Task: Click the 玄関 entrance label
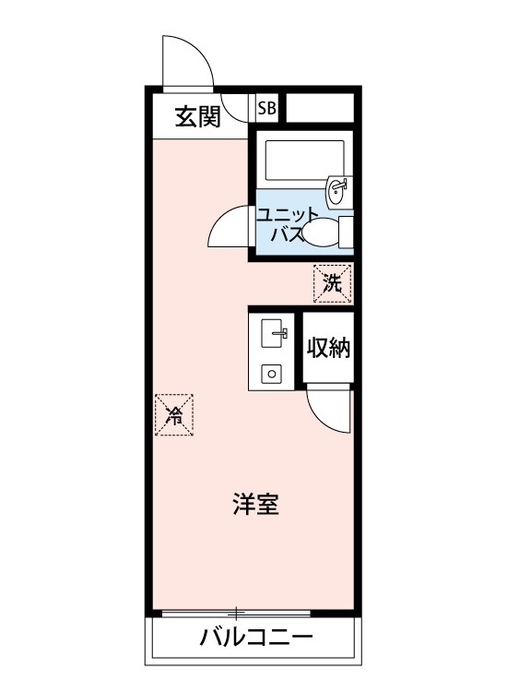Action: [x=197, y=117]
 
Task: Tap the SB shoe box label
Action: [x=266, y=108]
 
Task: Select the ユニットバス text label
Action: [x=287, y=224]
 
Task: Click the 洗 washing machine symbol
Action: [x=333, y=283]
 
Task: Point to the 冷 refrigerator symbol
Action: [x=174, y=415]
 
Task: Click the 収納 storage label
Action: [x=329, y=348]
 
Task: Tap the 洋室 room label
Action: [x=255, y=505]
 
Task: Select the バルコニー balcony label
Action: [x=256, y=638]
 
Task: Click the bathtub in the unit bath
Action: [x=304, y=161]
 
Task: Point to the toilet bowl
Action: [x=321, y=232]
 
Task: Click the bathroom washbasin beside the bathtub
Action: [x=338, y=192]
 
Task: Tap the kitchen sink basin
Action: [x=274, y=333]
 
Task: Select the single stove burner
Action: [x=272, y=375]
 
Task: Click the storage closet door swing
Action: [x=321, y=420]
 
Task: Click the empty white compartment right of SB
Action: [x=321, y=108]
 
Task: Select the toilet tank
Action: [x=346, y=233]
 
